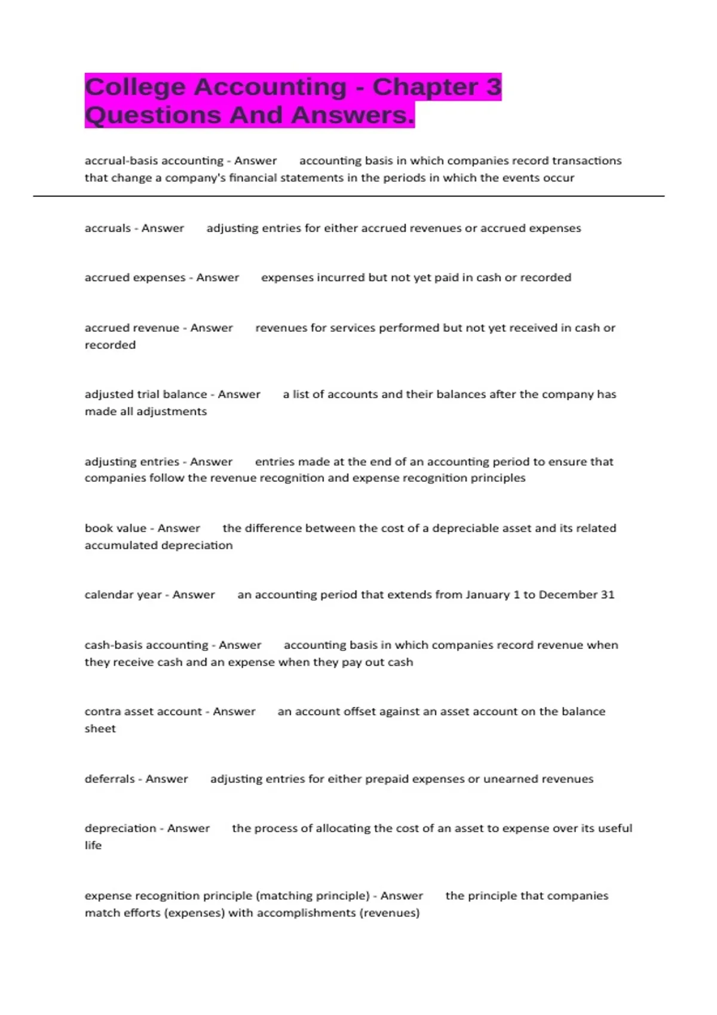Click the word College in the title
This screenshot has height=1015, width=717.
pyautogui.click(x=135, y=87)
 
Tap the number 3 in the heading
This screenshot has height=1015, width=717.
pyautogui.click(x=493, y=87)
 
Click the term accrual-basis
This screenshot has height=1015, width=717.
pyautogui.click(x=119, y=161)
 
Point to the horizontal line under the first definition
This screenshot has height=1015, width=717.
pyautogui.click(x=348, y=196)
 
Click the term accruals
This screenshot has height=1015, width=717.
pyautogui.click(x=108, y=228)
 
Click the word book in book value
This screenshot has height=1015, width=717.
pyautogui.click(x=97, y=528)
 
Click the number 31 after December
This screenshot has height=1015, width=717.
pyautogui.click(x=607, y=595)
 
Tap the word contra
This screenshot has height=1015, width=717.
pyautogui.click(x=102, y=712)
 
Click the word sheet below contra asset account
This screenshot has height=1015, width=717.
pyautogui.click(x=100, y=728)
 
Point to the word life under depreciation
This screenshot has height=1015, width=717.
pyautogui.click(x=93, y=845)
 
